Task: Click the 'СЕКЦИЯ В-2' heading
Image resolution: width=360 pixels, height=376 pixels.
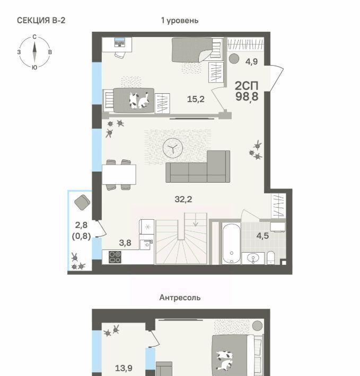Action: pos(41,20)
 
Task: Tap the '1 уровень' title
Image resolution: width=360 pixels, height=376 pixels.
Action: pos(180,21)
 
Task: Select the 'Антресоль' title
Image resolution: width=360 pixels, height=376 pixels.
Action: pos(180,298)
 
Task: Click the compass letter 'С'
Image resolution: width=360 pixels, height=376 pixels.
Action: pos(34,37)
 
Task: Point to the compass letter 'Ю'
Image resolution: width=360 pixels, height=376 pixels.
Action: pos(34,67)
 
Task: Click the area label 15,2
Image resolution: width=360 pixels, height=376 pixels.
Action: pos(196,99)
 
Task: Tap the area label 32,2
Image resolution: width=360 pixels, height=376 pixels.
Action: pos(183,199)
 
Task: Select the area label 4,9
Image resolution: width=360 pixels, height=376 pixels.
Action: pos(251,61)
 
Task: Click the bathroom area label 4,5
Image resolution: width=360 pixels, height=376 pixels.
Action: pos(262,236)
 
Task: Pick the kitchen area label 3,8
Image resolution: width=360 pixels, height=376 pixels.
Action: pos(125,243)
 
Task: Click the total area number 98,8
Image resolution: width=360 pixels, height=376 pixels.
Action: pos(247,97)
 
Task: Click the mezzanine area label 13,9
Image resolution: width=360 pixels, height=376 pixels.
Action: pos(124,368)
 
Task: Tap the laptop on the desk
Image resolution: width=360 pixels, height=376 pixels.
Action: pos(119,42)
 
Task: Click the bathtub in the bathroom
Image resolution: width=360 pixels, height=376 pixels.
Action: pos(231,243)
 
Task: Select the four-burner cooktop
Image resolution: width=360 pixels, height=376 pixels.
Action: pos(115,257)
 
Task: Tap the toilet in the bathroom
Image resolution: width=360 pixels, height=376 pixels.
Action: pos(271,257)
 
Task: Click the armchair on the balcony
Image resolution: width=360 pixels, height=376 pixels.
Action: pos(82,203)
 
